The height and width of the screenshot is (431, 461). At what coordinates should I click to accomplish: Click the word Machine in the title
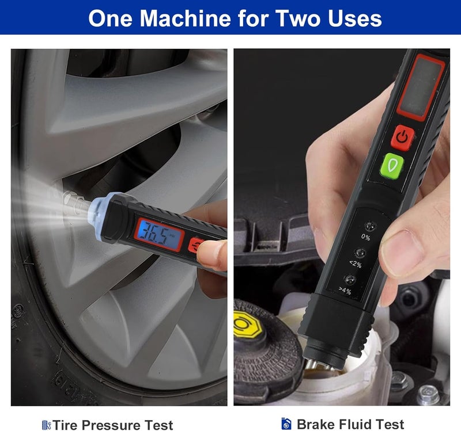tap(186, 18)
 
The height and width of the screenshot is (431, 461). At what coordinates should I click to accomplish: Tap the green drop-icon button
tap(392, 166)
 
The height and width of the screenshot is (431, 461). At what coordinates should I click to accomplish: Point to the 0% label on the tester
tap(365, 237)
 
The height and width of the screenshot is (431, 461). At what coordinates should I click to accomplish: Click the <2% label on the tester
tap(356, 264)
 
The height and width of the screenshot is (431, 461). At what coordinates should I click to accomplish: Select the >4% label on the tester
tap(345, 291)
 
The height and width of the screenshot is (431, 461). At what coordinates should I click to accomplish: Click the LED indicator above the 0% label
tap(370, 227)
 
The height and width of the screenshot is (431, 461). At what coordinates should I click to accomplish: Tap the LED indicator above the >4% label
tap(350, 280)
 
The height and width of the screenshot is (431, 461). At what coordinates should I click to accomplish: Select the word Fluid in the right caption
tap(357, 424)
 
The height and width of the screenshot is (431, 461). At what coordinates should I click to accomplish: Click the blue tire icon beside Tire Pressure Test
tap(46, 425)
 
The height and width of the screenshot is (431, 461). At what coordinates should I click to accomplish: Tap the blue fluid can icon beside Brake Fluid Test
tap(286, 424)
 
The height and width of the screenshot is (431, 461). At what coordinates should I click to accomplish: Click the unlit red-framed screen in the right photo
tap(421, 87)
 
